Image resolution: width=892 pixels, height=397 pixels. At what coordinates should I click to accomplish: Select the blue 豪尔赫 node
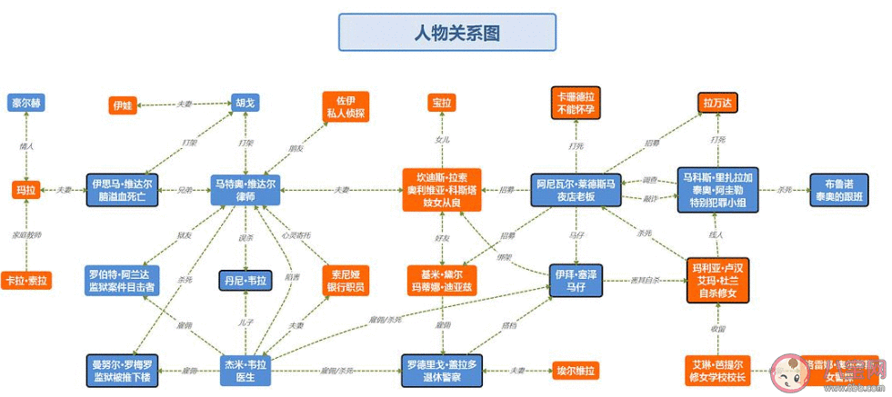coord(26,103)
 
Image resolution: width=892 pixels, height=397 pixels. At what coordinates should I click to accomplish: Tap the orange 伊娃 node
coord(123,105)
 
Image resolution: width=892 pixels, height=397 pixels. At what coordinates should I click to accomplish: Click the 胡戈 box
coord(245,103)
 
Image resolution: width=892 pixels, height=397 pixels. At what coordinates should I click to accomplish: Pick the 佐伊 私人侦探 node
coord(346,106)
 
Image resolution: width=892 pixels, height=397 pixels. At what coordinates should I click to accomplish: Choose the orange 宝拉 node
coord(442,103)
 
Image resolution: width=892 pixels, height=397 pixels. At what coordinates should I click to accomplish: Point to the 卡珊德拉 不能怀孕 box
coord(575,103)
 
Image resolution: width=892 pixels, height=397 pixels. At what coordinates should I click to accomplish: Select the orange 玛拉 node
coord(26,190)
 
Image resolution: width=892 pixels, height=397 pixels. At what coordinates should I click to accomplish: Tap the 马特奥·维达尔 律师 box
coord(245,190)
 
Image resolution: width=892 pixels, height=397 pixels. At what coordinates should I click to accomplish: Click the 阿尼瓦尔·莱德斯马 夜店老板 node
coord(576,190)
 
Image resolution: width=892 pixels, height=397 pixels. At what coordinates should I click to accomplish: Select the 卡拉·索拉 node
coord(26,280)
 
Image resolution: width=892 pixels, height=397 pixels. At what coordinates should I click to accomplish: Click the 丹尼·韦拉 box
coord(245,280)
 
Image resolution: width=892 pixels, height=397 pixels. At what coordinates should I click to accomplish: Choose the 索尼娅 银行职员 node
coord(346,280)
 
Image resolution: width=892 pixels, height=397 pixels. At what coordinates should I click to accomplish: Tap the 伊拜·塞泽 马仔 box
coord(576,280)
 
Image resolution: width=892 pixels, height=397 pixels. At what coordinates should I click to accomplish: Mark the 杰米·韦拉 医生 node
coord(245,370)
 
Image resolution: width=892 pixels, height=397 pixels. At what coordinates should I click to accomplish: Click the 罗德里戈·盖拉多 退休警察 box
coord(442,370)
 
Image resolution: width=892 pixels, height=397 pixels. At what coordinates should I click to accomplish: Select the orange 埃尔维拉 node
coord(576,370)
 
